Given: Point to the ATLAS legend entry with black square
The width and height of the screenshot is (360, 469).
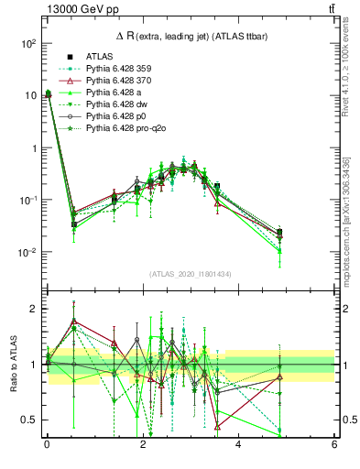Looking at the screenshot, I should click(x=99, y=56).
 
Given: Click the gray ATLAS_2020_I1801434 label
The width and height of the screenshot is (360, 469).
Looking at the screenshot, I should click(x=190, y=274).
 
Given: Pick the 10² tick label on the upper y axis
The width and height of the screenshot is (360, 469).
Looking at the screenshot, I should click(x=28, y=43).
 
